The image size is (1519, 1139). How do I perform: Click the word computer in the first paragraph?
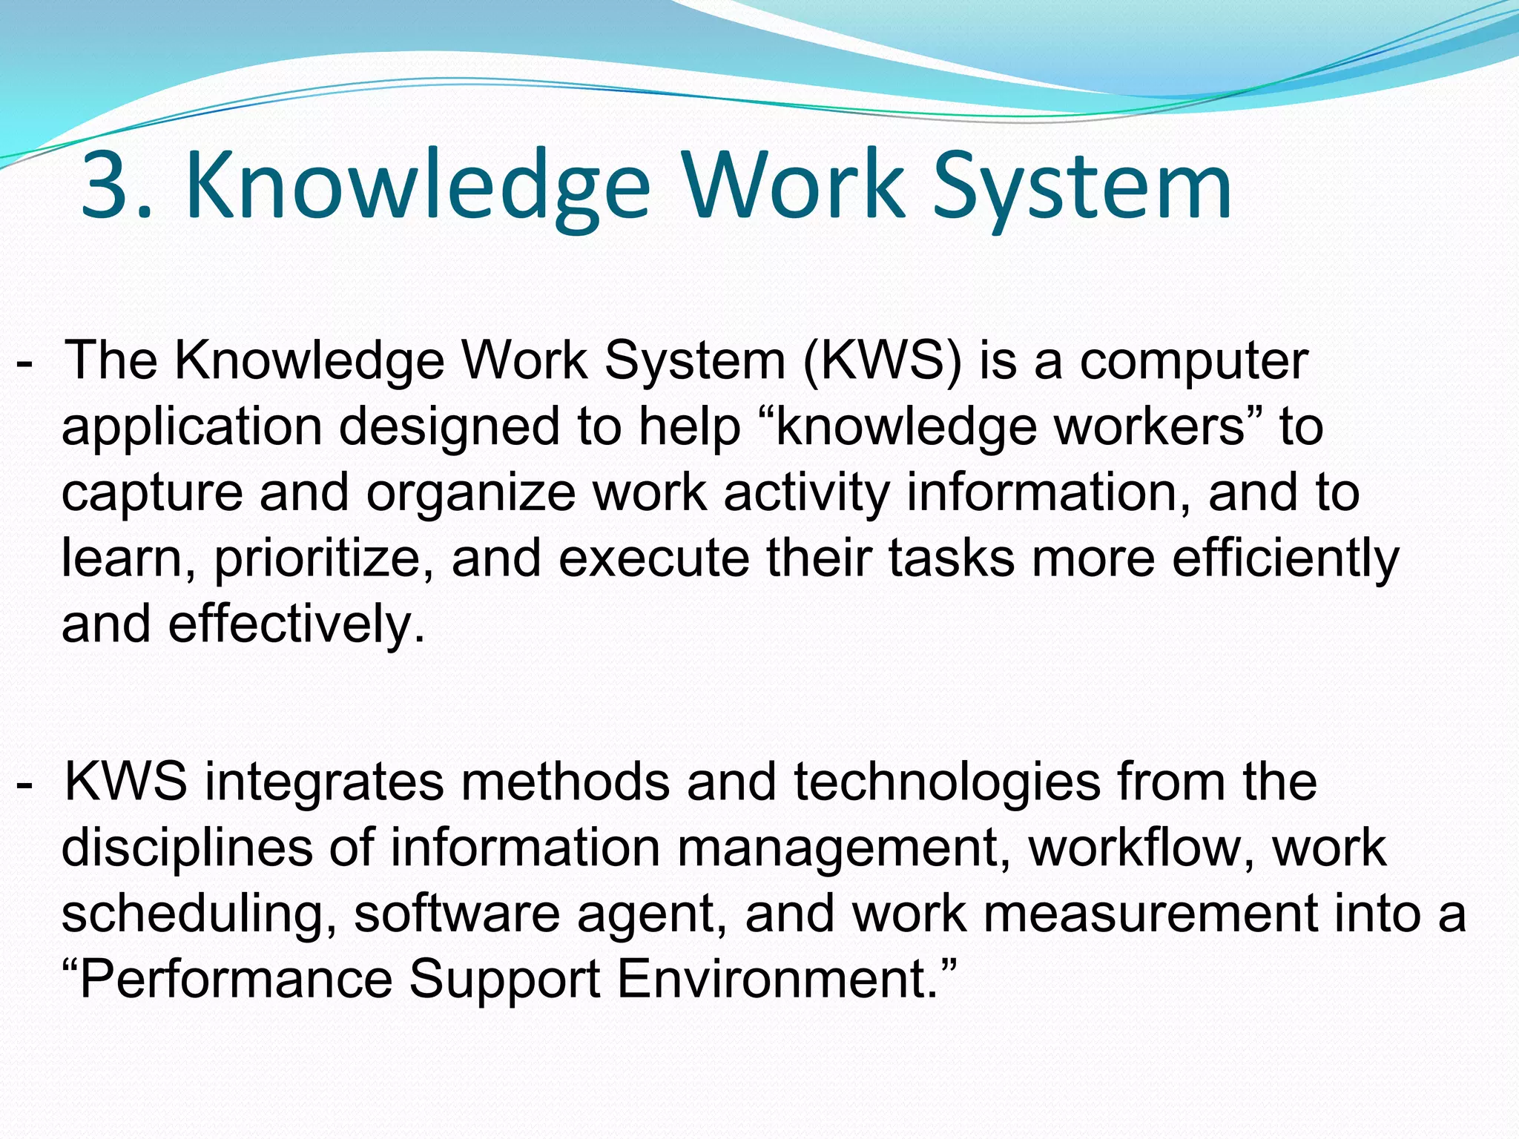click(x=1193, y=361)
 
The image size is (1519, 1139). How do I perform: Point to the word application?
click(x=191, y=428)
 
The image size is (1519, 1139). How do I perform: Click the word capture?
click(x=151, y=494)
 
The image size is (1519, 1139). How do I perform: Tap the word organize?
click(x=470, y=494)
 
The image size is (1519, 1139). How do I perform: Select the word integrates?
click(x=324, y=783)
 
